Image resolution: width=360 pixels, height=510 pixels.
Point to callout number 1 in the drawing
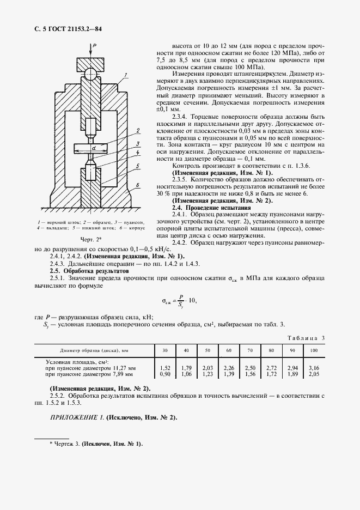point(125,74)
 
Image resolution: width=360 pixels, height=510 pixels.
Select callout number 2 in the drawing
point(139,131)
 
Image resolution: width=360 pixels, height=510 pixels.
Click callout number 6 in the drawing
point(139,185)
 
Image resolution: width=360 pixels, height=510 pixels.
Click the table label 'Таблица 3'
point(306,338)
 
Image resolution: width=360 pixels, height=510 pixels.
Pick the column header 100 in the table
point(314,350)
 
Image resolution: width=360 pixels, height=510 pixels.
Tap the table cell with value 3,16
point(314,368)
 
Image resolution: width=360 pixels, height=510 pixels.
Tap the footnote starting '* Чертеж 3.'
point(95,444)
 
